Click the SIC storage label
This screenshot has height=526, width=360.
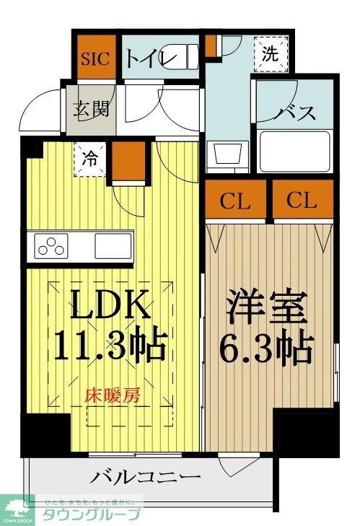pos(95,58)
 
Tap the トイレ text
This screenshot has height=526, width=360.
pos(152,58)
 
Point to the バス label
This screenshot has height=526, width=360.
pos(295,112)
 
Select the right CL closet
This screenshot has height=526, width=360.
pos(301,201)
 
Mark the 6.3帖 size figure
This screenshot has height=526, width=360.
pos(268,350)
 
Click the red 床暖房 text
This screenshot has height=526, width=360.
pos(113,395)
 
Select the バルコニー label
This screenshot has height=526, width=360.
pos(146,477)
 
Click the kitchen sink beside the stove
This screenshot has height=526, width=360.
pos(113,245)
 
